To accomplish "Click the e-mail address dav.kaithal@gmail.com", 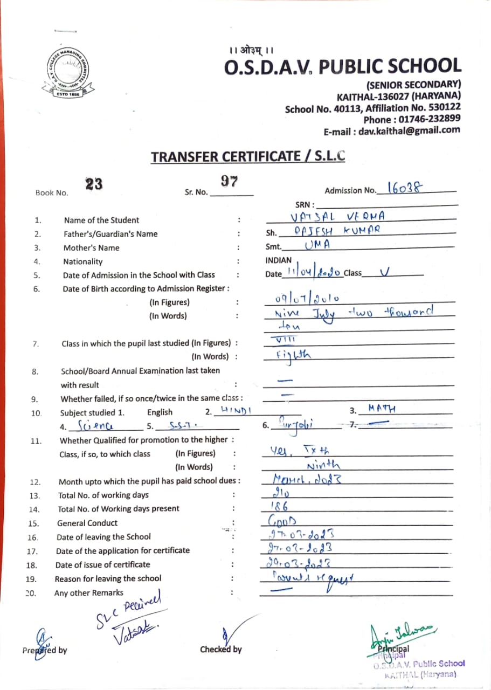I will point(392,130).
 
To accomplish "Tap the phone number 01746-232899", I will point(412,119).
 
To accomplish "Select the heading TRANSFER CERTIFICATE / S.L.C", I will point(247,157).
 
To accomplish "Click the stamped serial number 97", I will point(230,181).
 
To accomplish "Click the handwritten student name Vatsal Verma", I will point(336,217).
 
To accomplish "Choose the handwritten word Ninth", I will point(323,465).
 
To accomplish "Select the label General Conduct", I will point(87,523).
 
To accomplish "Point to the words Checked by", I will point(221,650).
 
